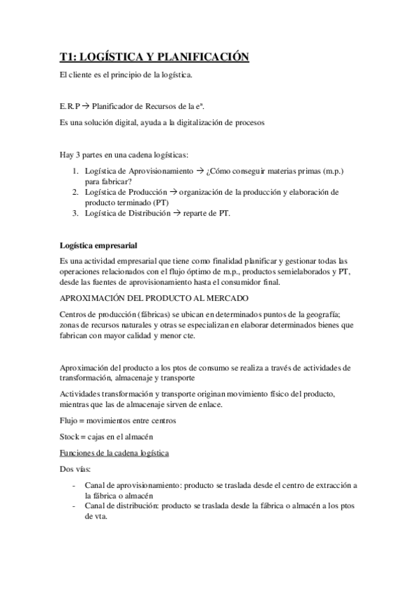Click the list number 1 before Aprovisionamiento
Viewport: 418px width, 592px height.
click(75, 171)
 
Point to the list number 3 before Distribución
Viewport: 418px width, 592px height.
click(75, 214)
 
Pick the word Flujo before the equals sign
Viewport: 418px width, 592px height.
click(69, 420)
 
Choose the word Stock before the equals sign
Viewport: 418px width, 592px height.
click(70, 437)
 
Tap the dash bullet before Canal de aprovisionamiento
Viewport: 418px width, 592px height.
click(75, 485)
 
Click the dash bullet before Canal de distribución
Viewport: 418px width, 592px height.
click(75, 506)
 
